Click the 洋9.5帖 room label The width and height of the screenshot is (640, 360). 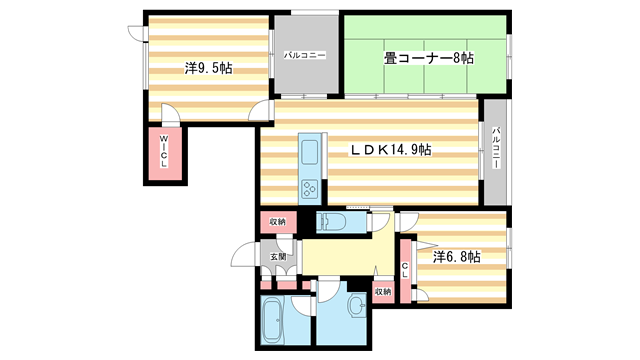click(208, 69)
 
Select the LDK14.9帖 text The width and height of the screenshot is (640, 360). click(390, 149)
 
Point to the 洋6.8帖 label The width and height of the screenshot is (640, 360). click(456, 257)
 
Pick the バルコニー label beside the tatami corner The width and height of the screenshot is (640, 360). click(304, 56)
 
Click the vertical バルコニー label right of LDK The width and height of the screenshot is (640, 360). click(495, 147)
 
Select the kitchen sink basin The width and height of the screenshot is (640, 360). click(309, 154)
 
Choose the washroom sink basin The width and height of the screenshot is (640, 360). click(356, 307)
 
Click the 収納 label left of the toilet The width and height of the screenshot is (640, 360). click(276, 221)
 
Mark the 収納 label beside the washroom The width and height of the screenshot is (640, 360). click(383, 291)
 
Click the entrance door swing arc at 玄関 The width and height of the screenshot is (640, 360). click(244, 257)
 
